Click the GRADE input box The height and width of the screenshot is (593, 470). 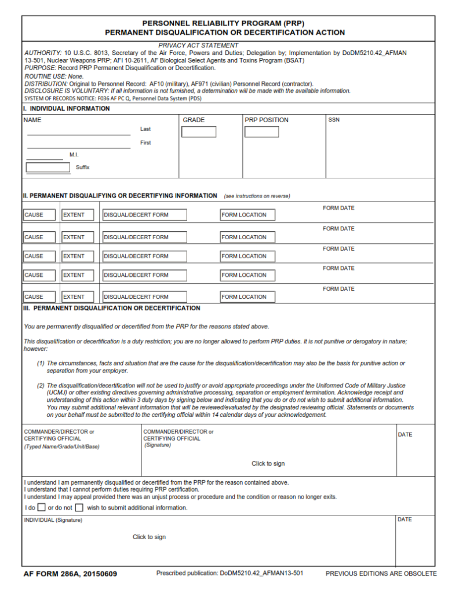coord(198,132)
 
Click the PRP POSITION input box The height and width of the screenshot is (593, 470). coord(261,132)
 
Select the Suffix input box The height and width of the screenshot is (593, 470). coord(48,167)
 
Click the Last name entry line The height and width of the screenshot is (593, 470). coord(78,131)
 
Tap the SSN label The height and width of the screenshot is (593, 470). coord(334,120)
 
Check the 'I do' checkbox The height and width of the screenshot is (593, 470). coord(41,508)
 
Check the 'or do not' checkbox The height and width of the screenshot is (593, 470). coord(79,508)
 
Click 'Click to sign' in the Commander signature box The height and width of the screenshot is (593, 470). coord(268,463)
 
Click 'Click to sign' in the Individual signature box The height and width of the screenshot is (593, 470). coord(149,537)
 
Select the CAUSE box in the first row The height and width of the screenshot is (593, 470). coord(39,215)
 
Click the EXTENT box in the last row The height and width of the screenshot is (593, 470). coord(78,296)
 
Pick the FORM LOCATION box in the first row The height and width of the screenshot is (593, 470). coord(247,215)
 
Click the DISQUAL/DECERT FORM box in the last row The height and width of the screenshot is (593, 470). coord(144,296)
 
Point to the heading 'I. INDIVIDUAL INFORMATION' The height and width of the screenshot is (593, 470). coord(66,109)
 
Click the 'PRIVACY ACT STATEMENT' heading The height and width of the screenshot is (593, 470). coord(198,45)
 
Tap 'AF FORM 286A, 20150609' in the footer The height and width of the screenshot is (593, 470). coord(70,574)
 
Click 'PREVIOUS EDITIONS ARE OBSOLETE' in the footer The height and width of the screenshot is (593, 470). coord(381,574)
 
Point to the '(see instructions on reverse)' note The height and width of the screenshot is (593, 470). coord(257,196)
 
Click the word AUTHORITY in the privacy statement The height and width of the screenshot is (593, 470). coord(43,53)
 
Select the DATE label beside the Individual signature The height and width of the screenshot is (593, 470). coord(405,519)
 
